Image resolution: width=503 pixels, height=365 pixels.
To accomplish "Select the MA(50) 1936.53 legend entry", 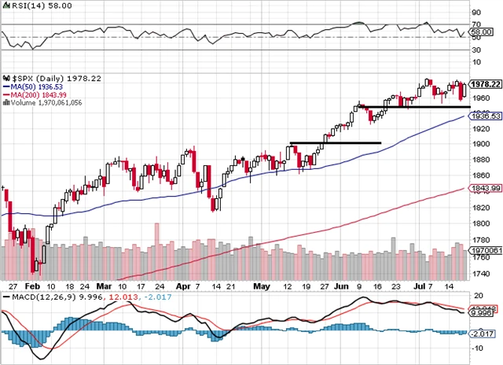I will tap(32, 87).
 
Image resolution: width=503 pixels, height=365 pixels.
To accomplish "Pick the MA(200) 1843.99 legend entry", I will tap(35, 95).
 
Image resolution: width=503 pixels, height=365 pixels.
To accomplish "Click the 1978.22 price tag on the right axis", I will tap(486, 83).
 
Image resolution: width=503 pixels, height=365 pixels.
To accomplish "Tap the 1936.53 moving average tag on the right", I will tap(486, 116).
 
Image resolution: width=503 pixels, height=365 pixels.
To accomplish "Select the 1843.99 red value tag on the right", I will tap(486, 189).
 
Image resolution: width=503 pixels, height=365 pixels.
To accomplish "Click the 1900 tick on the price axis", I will tap(480, 144).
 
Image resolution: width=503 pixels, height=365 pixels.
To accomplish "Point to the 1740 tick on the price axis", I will tap(480, 275).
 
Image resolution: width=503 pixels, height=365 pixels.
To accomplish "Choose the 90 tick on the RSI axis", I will tap(475, 13).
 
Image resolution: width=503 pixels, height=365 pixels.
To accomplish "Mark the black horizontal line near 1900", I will tap(335, 142).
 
